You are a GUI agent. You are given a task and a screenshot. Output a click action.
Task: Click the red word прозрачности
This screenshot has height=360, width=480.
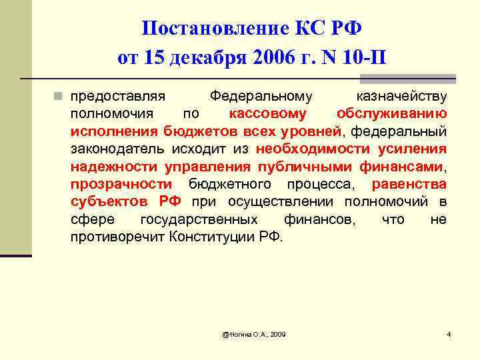coord(121,183)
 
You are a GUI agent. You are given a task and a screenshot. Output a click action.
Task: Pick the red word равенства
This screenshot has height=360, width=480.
coord(409,183)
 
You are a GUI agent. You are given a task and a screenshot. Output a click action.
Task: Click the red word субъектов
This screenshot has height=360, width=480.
coord(111,201)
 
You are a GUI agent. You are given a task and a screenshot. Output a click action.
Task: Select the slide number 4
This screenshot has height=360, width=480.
coord(449,333)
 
